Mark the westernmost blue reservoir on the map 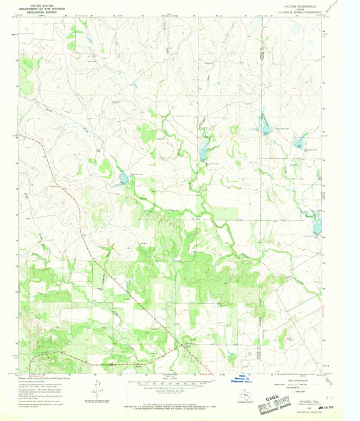[x=123, y=179]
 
